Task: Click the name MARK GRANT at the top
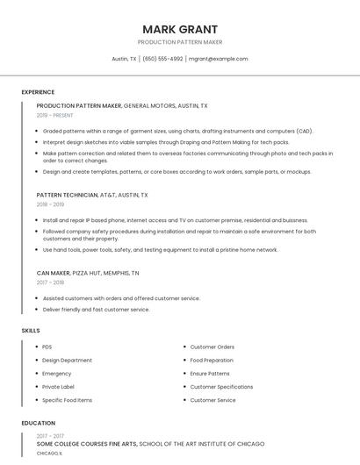pos(180,29)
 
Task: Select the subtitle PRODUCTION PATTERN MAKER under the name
pos(180,42)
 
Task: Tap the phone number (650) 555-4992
pos(162,59)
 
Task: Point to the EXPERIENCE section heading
pos(38,92)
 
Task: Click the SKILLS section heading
pos(31,330)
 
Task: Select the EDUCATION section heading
pos(38,423)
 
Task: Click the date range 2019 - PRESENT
pos(54,115)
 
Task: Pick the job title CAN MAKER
pos(53,273)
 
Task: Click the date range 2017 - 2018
pos(50,283)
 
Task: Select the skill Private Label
pos(58,387)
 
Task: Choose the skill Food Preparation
pos(212,360)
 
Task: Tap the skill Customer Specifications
pos(221,387)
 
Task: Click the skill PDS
pos(47,347)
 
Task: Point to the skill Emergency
pos(56,373)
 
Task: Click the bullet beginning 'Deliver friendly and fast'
pos(96,310)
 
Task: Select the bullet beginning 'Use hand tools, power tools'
pos(160,250)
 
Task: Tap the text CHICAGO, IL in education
pos(49,454)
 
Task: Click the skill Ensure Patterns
pos(210,373)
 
